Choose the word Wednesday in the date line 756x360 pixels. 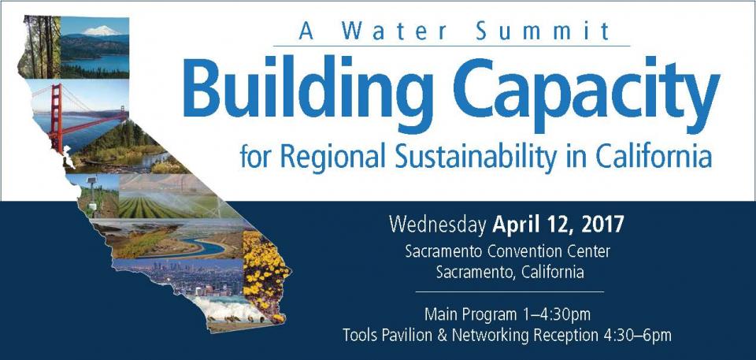437,225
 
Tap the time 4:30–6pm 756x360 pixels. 637,336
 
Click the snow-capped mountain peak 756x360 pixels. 102,31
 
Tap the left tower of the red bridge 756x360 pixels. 57,118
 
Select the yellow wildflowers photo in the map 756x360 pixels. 265,276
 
